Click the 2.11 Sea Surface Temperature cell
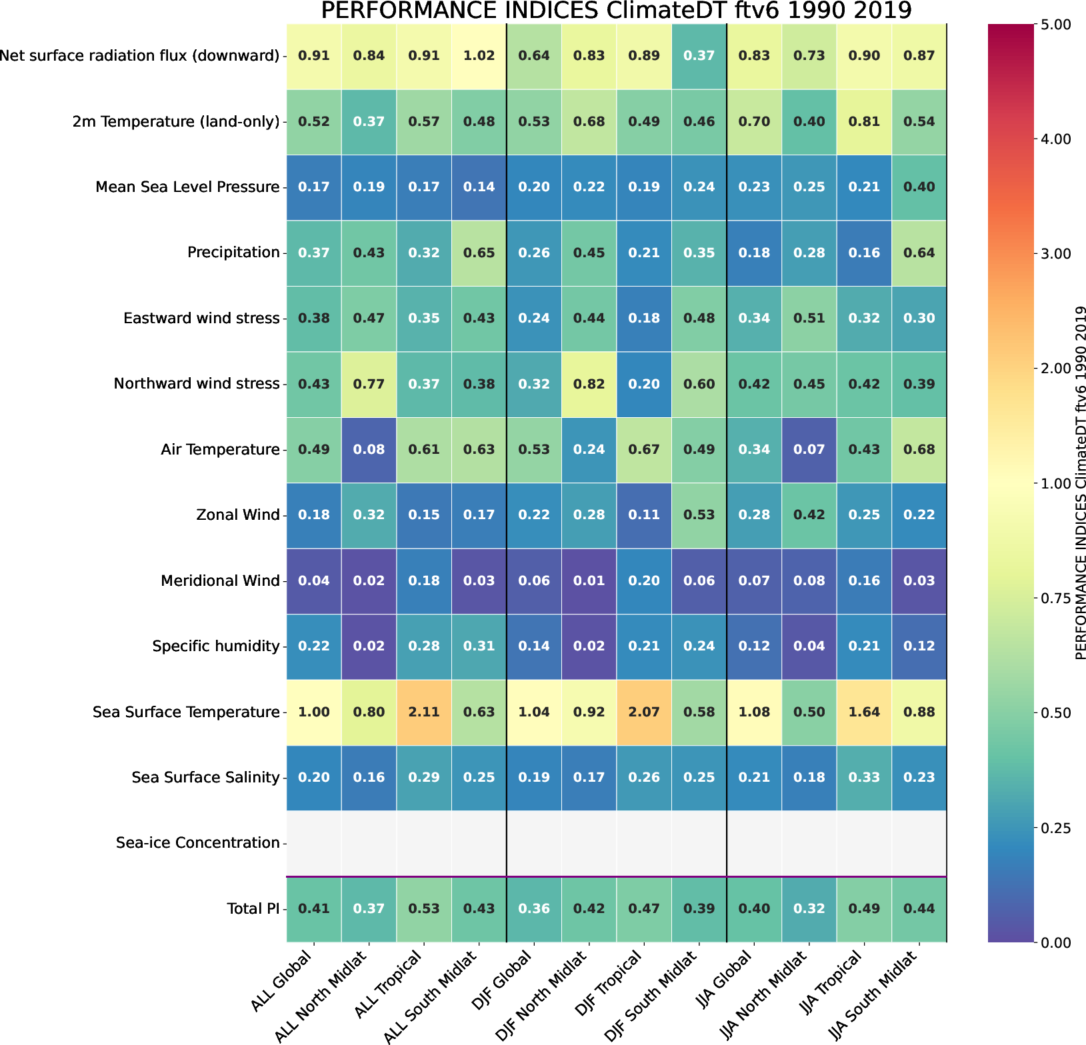pos(424,712)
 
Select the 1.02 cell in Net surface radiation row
pos(479,56)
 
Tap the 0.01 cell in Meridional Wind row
pos(589,580)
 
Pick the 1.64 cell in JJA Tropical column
pos(864,712)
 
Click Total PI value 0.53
pos(424,908)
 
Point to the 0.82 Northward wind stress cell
pos(589,384)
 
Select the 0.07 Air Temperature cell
pos(809,449)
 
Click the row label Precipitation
pos(233,253)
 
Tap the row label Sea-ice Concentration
pos(197,843)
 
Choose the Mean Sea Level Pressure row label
pos(187,187)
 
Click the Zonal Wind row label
pos(238,515)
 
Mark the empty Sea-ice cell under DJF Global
pos(534,843)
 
